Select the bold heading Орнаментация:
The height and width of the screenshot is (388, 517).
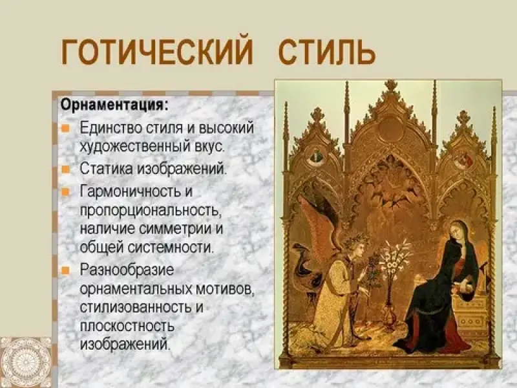pos(114,106)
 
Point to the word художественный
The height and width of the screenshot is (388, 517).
pos(135,146)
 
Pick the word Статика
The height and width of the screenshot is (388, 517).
pos(106,169)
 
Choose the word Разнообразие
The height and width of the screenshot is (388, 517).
pos(127,270)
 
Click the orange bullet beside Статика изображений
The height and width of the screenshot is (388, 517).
pos(66,169)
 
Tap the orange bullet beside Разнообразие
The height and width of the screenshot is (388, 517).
pos(66,270)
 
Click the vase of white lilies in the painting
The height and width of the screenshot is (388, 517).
pos(393,281)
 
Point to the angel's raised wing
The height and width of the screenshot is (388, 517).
pos(320,225)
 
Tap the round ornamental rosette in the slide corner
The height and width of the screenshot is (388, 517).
pos(26,362)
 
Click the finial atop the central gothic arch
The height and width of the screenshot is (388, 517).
pos(391,86)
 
